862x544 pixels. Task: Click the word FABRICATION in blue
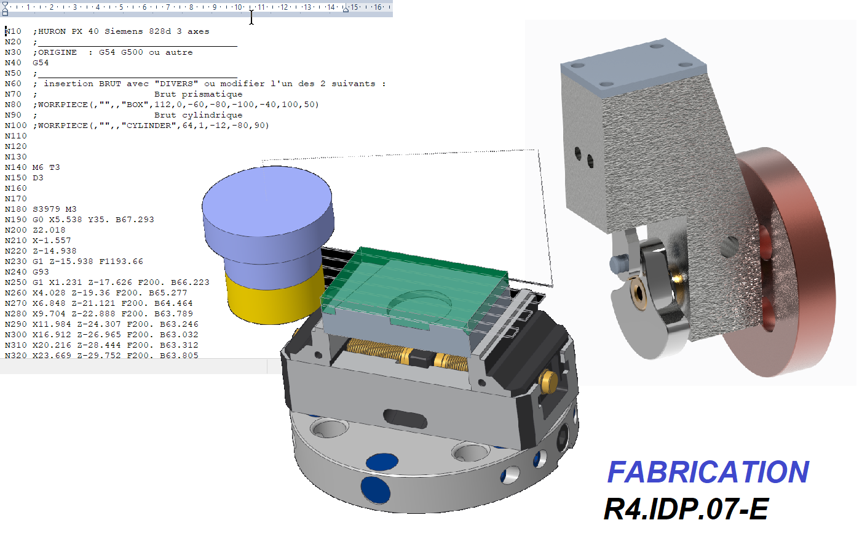point(708,472)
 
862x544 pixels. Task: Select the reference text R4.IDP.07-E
point(686,509)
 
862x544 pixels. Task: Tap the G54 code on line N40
point(41,62)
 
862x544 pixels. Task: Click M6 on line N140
point(38,167)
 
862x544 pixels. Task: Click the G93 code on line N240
point(41,271)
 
